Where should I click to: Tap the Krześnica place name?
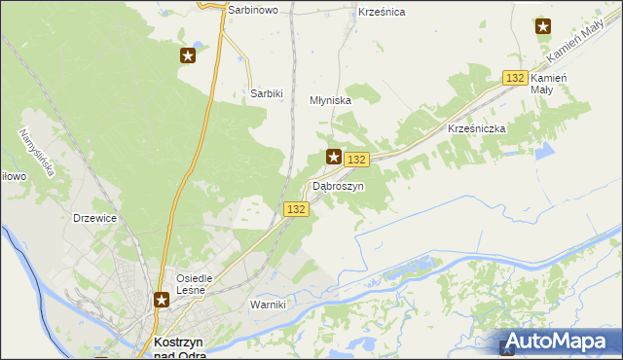point(382,12)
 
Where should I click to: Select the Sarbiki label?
point(266,93)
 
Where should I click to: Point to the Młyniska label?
point(329,100)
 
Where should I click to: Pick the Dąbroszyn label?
point(338,185)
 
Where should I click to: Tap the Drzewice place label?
point(95,219)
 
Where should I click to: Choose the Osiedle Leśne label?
point(201,283)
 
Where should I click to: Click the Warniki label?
point(268,305)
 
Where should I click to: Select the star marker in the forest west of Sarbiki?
point(188,55)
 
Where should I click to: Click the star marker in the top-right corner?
point(542,26)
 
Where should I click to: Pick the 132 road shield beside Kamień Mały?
point(515,78)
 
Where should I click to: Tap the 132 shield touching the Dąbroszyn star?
point(357,160)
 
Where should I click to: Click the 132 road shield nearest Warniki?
point(297,209)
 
